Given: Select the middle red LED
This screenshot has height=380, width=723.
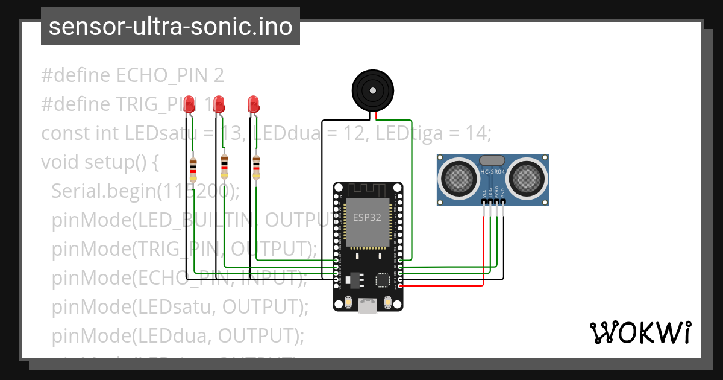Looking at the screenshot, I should click(x=219, y=104).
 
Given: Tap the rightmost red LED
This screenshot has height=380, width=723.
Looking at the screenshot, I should click(x=254, y=104).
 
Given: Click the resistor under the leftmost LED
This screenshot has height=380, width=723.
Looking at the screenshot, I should click(x=193, y=169).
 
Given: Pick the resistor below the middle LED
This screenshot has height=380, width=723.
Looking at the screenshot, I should click(x=224, y=166).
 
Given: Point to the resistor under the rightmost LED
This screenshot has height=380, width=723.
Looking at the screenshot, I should click(x=256, y=167).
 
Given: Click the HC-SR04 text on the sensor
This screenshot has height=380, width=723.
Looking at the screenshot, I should click(x=492, y=172).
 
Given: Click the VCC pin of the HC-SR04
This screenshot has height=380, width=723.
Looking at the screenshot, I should click(x=484, y=203).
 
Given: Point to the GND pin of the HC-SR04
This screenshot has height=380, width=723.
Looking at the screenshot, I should click(x=503, y=203).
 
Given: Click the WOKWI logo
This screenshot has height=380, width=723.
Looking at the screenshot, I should click(x=640, y=332).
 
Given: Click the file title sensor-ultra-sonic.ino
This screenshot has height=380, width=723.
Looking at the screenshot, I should click(x=171, y=27).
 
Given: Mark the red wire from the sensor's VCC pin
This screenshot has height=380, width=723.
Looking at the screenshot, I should click(x=483, y=253).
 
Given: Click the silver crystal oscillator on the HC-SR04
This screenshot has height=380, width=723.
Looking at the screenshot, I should click(x=492, y=160).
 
